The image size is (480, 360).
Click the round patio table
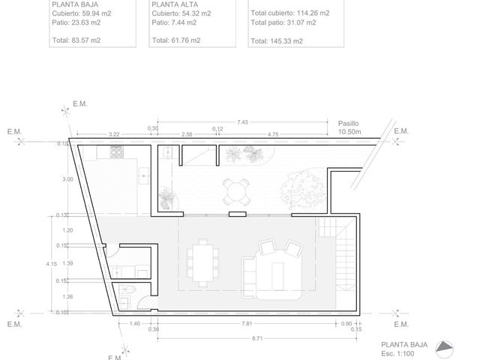(x=235, y=192)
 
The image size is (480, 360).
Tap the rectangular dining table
(x=202, y=263)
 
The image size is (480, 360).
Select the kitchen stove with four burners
(x=117, y=152)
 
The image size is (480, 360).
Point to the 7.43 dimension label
(x=242, y=122)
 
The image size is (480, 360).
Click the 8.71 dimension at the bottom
(x=257, y=338)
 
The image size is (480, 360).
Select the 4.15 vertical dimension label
(x=52, y=263)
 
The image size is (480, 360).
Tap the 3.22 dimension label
(x=114, y=134)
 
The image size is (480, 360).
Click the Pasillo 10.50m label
(x=349, y=127)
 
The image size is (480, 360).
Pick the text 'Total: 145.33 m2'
(x=277, y=41)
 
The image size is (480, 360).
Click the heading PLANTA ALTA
(x=175, y=4)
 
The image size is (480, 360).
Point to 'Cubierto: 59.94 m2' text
(x=82, y=13)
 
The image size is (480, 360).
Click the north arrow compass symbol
(x=444, y=348)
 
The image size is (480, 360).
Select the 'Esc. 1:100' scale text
(x=397, y=354)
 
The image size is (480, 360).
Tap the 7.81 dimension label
(x=247, y=323)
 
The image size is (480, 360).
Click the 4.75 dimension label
(x=273, y=134)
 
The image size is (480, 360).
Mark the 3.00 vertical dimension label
(x=67, y=179)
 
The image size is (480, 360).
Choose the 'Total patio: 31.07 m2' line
(x=283, y=22)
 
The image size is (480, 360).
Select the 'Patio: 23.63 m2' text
(x=76, y=22)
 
